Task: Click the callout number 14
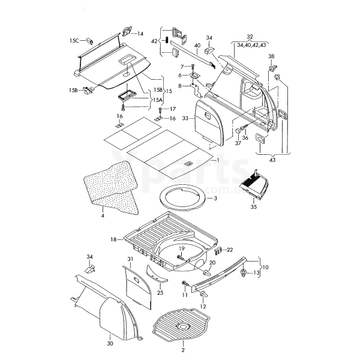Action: point(140,34)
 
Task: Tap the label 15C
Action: point(74,41)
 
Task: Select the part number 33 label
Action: point(185,118)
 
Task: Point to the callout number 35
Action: point(253,207)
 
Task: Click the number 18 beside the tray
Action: point(113,239)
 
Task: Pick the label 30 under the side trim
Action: point(110,343)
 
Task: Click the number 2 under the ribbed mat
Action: point(183,350)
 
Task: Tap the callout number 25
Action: point(160,293)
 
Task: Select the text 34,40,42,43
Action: point(251,45)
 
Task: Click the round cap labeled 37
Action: point(238,131)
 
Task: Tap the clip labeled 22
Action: point(218,251)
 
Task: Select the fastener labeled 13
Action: point(243,273)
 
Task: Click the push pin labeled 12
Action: point(203,295)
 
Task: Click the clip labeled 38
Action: point(272,68)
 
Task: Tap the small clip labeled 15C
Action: point(90,41)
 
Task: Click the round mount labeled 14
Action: point(127,31)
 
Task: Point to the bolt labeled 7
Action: point(193,67)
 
